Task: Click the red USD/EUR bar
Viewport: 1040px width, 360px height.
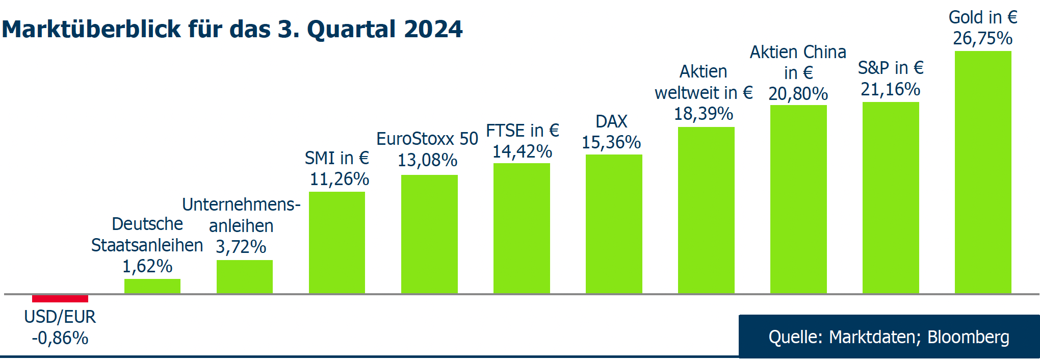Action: click(60, 298)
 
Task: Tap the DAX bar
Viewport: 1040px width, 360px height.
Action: click(613, 224)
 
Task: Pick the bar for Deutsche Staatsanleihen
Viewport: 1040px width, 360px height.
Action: click(152, 286)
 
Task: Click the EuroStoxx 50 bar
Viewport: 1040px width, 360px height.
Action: click(429, 234)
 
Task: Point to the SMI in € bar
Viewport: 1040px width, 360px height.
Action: click(336, 242)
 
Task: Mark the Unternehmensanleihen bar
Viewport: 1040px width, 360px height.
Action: click(244, 277)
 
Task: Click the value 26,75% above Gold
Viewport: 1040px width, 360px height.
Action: click(982, 38)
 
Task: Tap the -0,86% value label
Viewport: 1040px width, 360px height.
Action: click(60, 338)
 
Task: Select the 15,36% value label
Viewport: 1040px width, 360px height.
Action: click(611, 142)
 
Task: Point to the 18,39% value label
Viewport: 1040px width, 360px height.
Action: click(704, 114)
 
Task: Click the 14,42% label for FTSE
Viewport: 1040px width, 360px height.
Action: click(522, 151)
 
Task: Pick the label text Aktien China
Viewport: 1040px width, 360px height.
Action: click(797, 52)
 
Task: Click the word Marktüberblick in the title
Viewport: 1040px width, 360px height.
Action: click(92, 29)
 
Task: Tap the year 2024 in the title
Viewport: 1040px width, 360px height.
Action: click(433, 29)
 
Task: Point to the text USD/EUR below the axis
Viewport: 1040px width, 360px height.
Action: click(60, 317)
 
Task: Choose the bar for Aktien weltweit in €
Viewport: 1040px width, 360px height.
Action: click(706, 210)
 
